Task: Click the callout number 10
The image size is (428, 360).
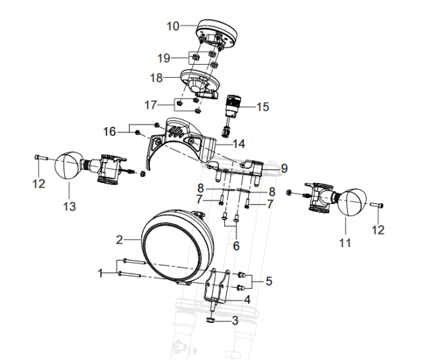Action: [x=173, y=26]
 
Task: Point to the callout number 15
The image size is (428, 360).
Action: [x=262, y=107]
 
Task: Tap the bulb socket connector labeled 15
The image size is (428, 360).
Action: [x=233, y=108]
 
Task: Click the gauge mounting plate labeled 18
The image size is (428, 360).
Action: [x=201, y=82]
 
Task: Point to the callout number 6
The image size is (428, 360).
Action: [x=236, y=246]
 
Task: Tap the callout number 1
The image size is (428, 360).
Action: [x=101, y=273]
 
